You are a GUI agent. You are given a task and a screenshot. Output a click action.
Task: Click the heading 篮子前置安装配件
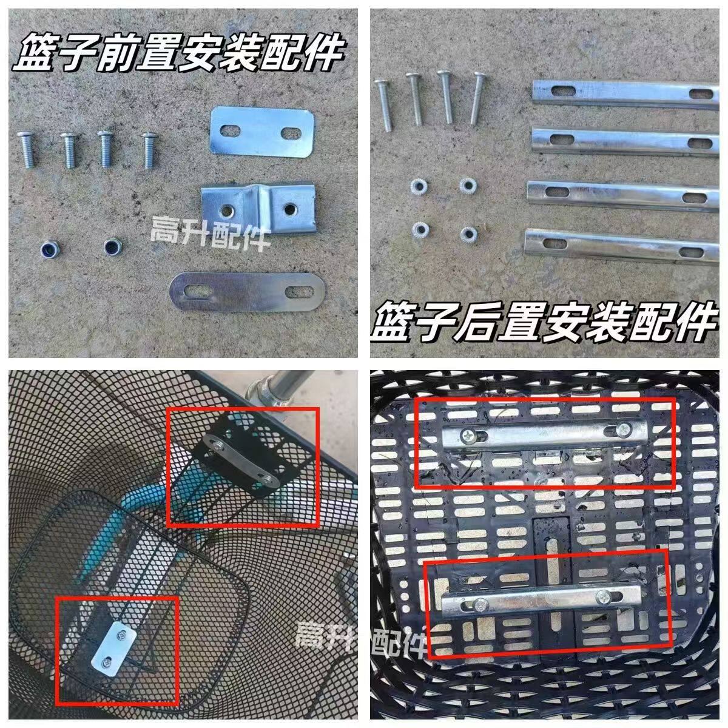(x=178, y=54)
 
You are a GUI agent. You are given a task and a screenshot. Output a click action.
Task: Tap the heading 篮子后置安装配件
(x=542, y=321)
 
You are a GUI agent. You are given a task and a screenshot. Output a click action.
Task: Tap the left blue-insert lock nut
(x=47, y=249)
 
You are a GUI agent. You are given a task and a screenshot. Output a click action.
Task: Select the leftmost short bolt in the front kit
(x=28, y=149)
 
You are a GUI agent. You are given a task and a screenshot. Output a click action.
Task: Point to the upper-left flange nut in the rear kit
(x=418, y=185)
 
